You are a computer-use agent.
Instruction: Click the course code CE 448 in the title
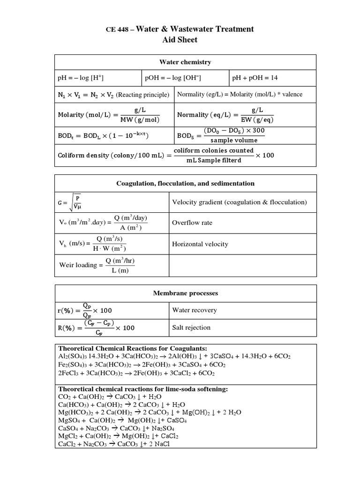[118, 30]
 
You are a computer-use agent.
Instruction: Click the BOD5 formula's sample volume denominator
[234, 140]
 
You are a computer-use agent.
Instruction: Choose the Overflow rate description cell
[192, 223]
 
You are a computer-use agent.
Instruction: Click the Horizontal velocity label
[200, 244]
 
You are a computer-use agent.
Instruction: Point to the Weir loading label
[77, 265]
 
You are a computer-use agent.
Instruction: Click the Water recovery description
[195, 310]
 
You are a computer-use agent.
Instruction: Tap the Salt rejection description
[191, 327]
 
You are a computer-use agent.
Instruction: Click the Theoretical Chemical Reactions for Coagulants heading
[132, 349]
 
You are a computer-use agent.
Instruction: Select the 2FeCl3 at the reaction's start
[69, 373]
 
